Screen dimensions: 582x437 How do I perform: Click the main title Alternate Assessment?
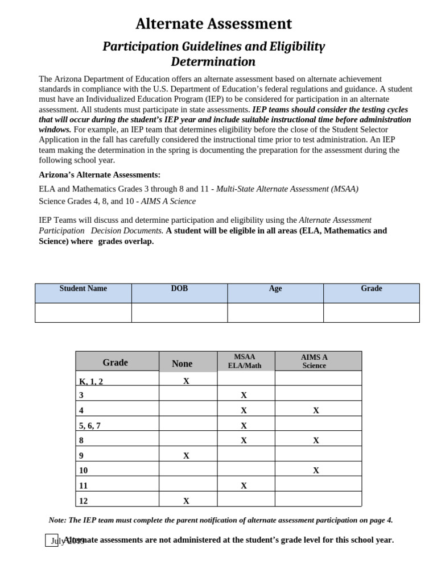point(213,24)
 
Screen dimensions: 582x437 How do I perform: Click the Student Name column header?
point(83,289)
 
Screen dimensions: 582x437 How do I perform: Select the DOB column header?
point(179,289)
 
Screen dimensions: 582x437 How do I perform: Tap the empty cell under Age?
point(275,313)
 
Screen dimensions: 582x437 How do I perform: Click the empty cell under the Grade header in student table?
point(371,313)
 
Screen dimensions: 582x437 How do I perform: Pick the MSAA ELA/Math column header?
point(245,361)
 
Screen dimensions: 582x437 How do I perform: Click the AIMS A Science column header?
point(314,361)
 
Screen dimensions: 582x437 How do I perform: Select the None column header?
point(182,363)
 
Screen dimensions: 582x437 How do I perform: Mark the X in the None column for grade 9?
point(186,456)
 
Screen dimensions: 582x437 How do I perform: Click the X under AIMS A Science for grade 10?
point(316,471)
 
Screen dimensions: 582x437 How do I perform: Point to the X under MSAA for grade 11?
point(244,486)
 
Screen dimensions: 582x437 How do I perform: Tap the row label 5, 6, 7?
point(90,426)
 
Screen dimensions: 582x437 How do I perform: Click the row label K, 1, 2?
point(91,381)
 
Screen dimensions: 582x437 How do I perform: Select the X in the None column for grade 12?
point(186,501)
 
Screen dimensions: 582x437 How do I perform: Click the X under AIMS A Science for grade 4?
point(316,410)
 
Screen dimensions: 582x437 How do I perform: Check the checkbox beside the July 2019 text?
point(51,540)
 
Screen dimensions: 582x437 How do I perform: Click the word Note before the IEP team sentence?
point(57,520)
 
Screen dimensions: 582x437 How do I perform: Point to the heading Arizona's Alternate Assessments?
point(100,174)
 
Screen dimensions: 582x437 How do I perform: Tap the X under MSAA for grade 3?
point(244,395)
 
